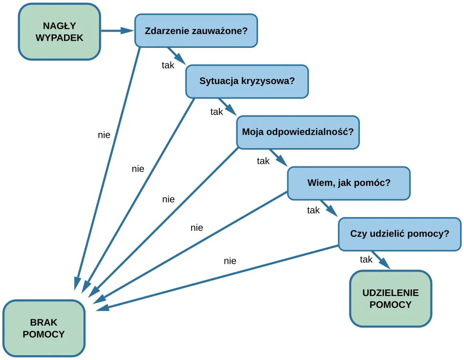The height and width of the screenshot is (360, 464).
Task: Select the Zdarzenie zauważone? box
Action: (196, 32)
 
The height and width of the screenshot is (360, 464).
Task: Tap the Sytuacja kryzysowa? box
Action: (247, 81)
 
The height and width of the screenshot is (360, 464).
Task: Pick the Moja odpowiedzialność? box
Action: (298, 131)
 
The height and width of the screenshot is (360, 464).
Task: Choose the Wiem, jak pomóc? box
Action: (348, 183)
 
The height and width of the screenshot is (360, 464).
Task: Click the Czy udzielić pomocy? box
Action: (399, 234)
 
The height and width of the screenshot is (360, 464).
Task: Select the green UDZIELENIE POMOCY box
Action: (390, 298)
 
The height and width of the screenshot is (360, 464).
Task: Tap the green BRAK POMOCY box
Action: (43, 328)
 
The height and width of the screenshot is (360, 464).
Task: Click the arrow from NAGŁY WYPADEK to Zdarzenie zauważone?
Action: (118, 31)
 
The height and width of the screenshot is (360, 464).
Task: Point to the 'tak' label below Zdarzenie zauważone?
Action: (168, 65)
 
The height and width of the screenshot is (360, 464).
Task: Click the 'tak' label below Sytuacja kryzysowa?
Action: (217, 112)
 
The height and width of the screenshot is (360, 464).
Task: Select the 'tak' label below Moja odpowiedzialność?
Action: (263, 161)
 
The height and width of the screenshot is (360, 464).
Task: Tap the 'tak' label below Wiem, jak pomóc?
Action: (313, 210)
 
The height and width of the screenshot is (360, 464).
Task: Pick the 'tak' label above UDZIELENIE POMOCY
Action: (366, 260)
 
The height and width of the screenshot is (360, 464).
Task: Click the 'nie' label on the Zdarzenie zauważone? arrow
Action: (104, 135)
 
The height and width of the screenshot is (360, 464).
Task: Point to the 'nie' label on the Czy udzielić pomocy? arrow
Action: (230, 261)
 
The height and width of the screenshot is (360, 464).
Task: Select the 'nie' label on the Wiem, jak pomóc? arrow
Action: (196, 228)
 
